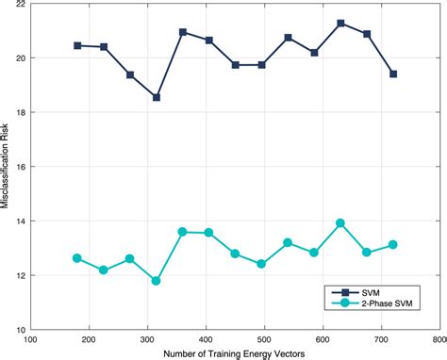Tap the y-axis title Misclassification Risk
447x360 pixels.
coord(7,168)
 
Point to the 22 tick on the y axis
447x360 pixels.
coord(20,5)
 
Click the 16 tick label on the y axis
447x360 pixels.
coord(20,167)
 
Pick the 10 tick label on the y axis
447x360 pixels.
coord(20,330)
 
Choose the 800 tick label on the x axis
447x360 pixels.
coord(437,340)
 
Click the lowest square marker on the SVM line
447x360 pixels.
coord(157,97)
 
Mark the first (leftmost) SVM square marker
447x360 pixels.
coord(77,45)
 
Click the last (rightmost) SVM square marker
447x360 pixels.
coord(393,74)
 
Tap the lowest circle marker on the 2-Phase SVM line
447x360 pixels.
coord(157,281)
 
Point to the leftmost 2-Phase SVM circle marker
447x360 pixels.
coord(77,258)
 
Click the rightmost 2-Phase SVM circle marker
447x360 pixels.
coord(393,245)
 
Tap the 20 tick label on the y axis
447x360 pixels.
coord(20,58)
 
